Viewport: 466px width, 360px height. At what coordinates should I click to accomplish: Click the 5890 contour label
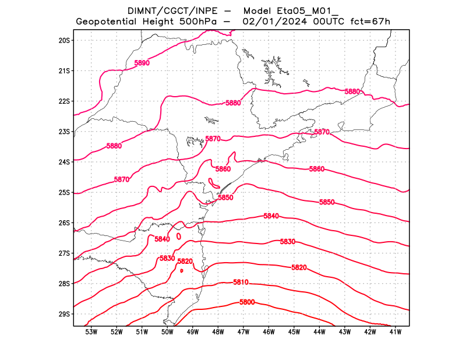pyautogui.click(x=142, y=62)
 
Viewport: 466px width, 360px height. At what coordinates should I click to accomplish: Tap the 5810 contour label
pyautogui.click(x=241, y=283)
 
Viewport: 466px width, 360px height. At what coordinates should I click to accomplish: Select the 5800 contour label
pyautogui.click(x=247, y=302)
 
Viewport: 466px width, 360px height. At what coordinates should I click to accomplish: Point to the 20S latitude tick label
pyautogui.click(x=64, y=40)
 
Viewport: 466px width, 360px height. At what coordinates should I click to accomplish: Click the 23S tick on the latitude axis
pyautogui.click(x=64, y=132)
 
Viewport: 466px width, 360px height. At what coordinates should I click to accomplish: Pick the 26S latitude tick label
pyautogui.click(x=64, y=223)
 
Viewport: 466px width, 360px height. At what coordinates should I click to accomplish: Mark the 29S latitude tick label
pyautogui.click(x=64, y=314)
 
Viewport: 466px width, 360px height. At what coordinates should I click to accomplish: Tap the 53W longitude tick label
pyautogui.click(x=91, y=332)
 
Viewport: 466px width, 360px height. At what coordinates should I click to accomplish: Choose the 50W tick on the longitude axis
pyautogui.click(x=167, y=332)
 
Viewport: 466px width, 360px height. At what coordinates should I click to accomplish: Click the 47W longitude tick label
pyautogui.click(x=243, y=332)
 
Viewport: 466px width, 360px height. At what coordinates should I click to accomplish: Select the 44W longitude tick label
pyautogui.click(x=319, y=332)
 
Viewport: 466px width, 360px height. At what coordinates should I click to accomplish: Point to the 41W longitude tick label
pyautogui.click(x=396, y=332)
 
